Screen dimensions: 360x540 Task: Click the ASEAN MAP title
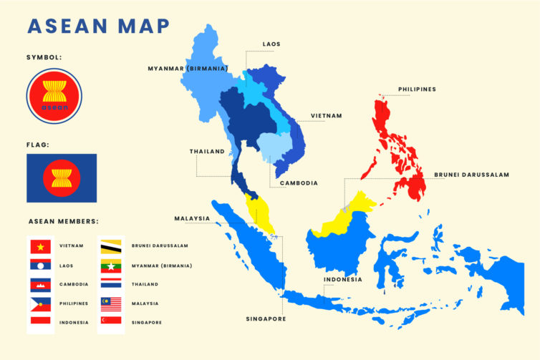click(98, 26)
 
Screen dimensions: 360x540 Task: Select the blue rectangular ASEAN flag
click(62, 178)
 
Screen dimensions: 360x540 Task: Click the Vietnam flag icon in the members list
click(40, 246)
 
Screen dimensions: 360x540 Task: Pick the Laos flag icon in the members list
click(40, 266)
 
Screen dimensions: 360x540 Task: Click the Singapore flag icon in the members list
click(110, 323)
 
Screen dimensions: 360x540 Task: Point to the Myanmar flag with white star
click(110, 266)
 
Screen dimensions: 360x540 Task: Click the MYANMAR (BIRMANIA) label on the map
click(188, 69)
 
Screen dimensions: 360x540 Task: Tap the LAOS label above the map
click(271, 44)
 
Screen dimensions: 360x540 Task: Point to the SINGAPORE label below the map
click(266, 319)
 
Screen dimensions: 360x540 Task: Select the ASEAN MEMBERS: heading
click(63, 221)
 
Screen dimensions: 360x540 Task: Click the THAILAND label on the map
click(207, 152)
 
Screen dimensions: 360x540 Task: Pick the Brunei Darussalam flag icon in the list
click(110, 246)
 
